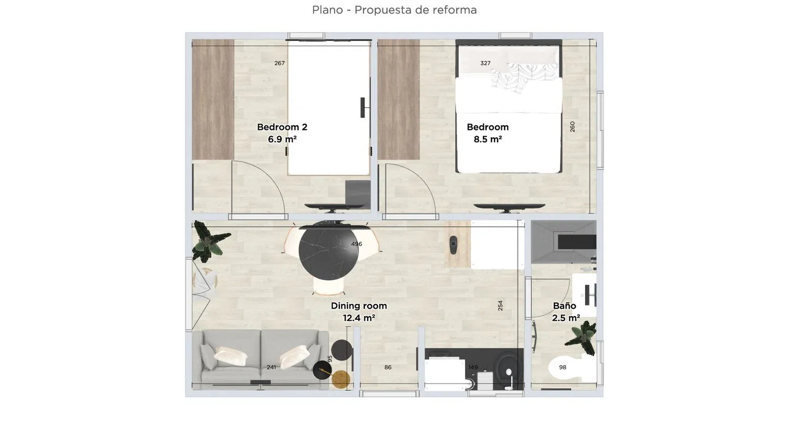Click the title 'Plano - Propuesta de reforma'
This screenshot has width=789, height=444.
coord(394,10)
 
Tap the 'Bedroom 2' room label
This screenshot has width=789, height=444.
coord(282,127)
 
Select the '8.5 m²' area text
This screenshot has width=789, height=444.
coord(488,139)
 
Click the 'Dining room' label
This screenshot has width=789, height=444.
coord(359,306)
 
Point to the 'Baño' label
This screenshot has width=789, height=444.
coord(564,306)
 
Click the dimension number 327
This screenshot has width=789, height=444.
coord(485,63)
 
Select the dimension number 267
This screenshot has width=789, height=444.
coord(279,63)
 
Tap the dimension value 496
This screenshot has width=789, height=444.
coord(357,244)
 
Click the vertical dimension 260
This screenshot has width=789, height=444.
coord(572,127)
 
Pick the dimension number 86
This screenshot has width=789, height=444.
coord(388,367)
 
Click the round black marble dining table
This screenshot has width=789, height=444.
coord(329,251)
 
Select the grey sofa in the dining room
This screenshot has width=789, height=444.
coord(260,359)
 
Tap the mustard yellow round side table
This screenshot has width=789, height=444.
coord(341,379)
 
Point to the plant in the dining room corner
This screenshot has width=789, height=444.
coord(209,242)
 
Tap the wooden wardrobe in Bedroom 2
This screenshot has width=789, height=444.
coord(213,99)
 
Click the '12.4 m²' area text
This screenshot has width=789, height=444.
coord(359,318)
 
